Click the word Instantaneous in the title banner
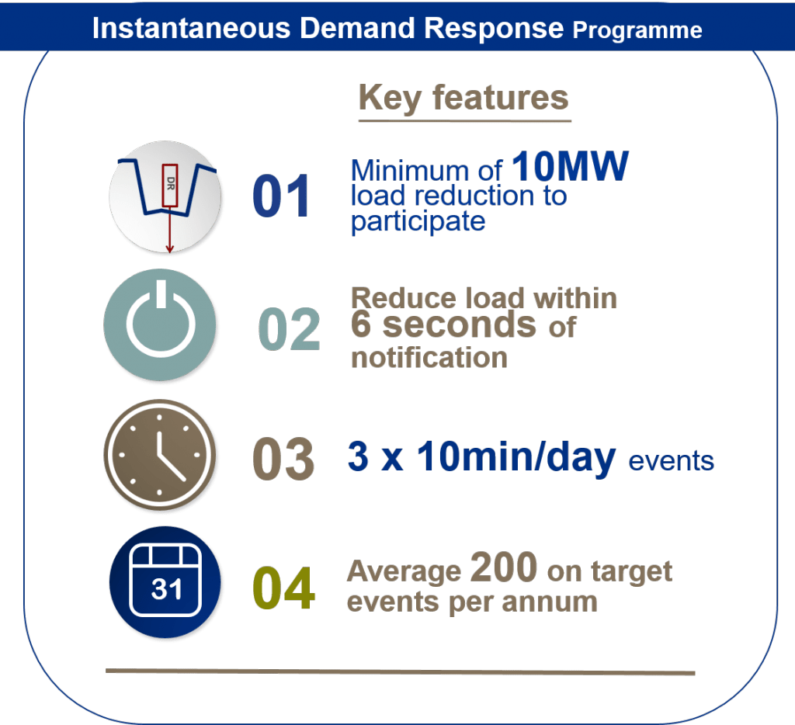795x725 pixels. (191, 28)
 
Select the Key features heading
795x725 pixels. (463, 98)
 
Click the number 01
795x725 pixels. (281, 196)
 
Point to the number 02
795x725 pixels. (289, 329)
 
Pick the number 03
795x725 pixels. (283, 459)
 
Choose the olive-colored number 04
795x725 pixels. (283, 588)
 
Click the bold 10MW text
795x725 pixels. (570, 166)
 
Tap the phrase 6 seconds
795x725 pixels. (443, 325)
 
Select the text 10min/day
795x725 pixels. (516, 456)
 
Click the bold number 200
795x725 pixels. (503, 567)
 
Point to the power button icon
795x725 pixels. (160, 324)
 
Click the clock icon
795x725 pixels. (160, 455)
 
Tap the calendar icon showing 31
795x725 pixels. (165, 582)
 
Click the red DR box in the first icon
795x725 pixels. (170, 186)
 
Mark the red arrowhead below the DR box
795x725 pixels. (170, 248)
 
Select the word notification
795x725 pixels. (429, 358)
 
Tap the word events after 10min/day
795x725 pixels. (672, 461)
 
